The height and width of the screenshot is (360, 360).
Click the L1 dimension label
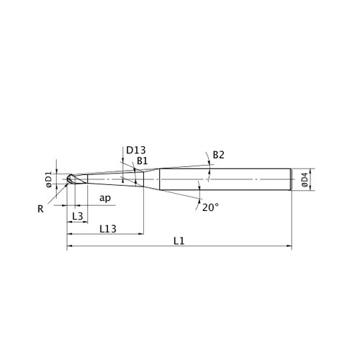pyautogui.click(x=179, y=240)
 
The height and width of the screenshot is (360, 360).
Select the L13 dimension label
pyautogui.click(x=108, y=229)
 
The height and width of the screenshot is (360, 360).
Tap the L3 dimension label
pyautogui.click(x=78, y=217)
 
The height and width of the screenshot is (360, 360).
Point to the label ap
pyautogui.click(x=105, y=199)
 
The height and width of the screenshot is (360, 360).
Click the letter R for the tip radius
pyautogui.click(x=40, y=209)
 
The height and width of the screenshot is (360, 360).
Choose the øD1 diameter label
pyautogui.click(x=49, y=179)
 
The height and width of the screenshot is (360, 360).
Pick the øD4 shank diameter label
pyautogui.click(x=305, y=179)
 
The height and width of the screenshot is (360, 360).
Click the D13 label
pyautogui.click(x=136, y=150)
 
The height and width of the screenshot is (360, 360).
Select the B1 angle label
pyautogui.click(x=143, y=161)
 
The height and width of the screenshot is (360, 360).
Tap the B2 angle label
pyautogui.click(x=219, y=155)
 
